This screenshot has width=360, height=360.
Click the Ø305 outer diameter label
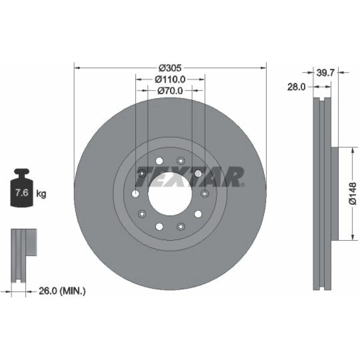point(170,68)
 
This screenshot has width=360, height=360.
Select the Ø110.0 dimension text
point(170,80)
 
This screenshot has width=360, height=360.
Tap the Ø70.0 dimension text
point(170,91)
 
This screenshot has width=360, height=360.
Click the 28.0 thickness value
point(296,87)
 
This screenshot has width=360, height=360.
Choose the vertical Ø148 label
point(353,193)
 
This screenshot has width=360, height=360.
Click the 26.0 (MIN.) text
point(62,291)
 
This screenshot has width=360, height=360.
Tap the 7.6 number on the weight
point(22,192)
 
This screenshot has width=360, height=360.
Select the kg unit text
point(41,194)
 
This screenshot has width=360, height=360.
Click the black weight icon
point(22,188)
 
